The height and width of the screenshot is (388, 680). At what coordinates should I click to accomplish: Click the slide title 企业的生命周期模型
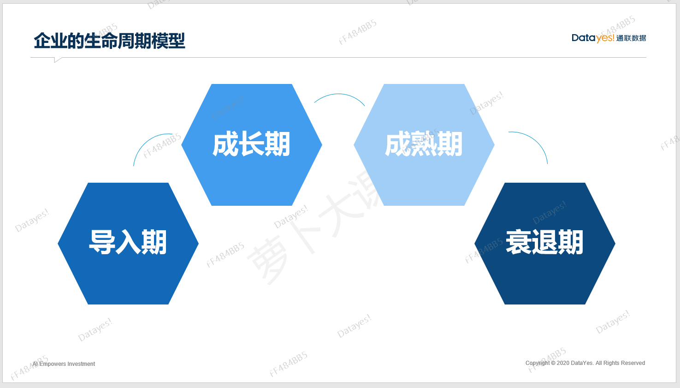(x=109, y=41)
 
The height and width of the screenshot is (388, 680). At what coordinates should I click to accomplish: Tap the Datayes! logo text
(x=593, y=38)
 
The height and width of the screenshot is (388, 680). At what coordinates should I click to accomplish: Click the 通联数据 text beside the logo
(x=631, y=38)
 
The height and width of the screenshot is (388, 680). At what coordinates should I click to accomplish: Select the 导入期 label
(x=128, y=242)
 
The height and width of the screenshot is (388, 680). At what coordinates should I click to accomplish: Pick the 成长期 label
(x=251, y=144)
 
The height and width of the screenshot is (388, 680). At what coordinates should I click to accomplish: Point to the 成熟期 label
(x=424, y=144)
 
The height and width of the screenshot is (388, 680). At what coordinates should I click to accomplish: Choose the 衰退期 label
(x=544, y=242)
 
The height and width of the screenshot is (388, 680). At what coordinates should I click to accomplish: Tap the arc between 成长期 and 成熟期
(x=339, y=94)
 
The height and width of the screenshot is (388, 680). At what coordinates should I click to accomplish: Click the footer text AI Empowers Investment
(x=64, y=364)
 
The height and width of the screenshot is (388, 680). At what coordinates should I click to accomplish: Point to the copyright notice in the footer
(x=585, y=363)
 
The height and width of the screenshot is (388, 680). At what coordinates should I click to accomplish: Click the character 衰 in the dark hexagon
(x=518, y=242)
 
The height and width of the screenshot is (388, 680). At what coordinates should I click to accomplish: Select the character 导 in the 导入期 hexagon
(x=102, y=242)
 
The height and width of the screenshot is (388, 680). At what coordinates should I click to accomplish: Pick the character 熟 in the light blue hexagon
(x=424, y=144)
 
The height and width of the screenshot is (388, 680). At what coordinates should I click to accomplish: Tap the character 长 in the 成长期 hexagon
(x=251, y=144)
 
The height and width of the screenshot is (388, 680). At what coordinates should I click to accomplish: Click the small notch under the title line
(x=57, y=60)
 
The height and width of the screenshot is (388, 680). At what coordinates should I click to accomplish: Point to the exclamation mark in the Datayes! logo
(x=613, y=38)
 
